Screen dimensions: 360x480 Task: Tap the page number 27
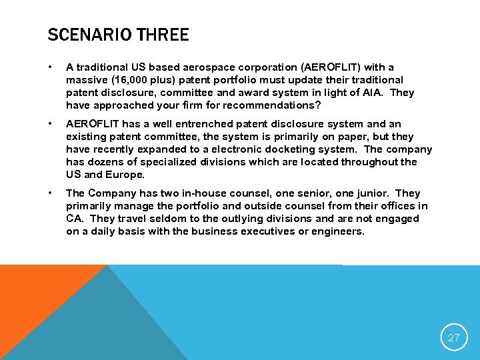click(x=453, y=338)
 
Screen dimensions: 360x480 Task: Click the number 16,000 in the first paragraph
click(x=127, y=80)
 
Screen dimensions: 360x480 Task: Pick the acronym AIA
click(x=370, y=93)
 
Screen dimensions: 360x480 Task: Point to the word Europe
click(x=125, y=175)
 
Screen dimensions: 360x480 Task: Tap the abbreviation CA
click(x=74, y=219)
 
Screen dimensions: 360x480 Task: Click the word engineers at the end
click(x=339, y=231)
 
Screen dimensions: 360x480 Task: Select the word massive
click(x=84, y=80)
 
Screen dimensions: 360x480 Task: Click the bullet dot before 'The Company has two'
click(x=51, y=193)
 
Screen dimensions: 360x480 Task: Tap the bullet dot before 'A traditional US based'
click(x=51, y=67)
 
